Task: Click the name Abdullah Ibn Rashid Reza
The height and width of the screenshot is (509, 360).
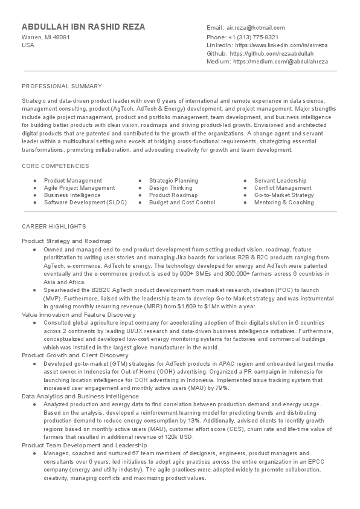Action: [83, 27]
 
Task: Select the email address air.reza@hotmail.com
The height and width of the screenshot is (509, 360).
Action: [256, 28]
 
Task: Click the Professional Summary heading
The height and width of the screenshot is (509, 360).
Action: [62, 86]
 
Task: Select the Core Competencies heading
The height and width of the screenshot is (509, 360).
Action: [55, 166]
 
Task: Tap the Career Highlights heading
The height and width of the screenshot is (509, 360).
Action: [54, 226]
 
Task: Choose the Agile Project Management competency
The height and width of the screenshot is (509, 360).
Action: [79, 188]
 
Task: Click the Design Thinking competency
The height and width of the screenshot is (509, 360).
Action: [170, 188]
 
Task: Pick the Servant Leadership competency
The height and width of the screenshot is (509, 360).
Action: [280, 181]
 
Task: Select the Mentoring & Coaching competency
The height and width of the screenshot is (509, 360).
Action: [284, 203]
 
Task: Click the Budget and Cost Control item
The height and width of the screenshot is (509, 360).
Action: [182, 203]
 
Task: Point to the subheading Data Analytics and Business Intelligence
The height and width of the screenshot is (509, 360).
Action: [80, 395]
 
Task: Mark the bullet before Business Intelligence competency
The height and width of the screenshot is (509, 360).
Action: [36, 195]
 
